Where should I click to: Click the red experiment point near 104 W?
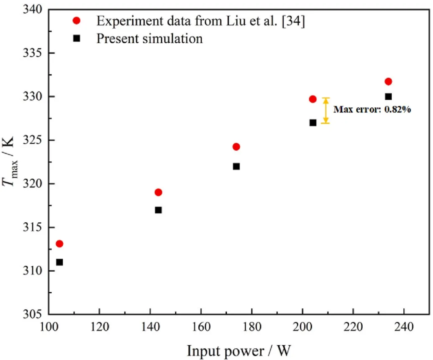tap(60, 244)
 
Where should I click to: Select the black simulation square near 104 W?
tap(60, 262)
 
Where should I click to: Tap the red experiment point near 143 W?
tap(158, 192)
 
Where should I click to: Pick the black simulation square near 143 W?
tap(158, 210)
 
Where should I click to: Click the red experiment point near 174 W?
tap(236, 147)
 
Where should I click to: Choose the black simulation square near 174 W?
tap(236, 167)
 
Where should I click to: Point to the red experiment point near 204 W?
tap(313, 99)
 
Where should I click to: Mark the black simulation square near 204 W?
tap(313, 123)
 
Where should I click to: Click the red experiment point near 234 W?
tap(388, 82)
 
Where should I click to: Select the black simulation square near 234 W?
tap(388, 97)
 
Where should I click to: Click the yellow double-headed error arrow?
tap(325, 111)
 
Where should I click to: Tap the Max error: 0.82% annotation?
tap(372, 110)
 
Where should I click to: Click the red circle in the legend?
tap(76, 21)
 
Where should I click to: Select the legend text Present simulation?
tap(149, 39)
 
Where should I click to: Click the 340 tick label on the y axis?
tap(32, 10)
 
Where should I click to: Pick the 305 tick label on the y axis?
tap(32, 314)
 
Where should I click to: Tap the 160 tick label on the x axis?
tap(201, 327)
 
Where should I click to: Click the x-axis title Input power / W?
tap(238, 351)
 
